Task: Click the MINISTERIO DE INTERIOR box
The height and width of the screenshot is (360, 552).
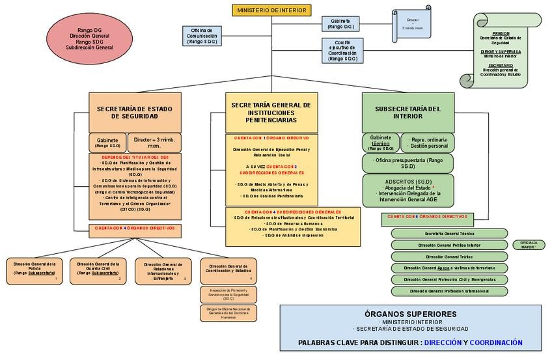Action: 272,10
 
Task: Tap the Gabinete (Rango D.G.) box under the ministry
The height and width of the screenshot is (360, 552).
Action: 340,24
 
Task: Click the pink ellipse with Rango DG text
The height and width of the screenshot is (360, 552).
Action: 89,38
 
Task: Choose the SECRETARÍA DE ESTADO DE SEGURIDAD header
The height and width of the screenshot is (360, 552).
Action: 135,112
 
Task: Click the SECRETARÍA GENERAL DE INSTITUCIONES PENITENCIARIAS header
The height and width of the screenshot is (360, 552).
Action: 271,112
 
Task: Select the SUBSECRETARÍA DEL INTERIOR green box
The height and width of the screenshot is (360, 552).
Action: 408,112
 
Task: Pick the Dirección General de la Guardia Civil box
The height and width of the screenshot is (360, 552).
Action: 96,271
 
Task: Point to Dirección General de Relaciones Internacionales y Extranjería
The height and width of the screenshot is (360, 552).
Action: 163,271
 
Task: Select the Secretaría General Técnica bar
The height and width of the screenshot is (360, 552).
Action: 449,233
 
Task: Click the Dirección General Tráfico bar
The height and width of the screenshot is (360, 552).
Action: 449,256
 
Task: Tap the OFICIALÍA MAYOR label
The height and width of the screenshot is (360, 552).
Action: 527,245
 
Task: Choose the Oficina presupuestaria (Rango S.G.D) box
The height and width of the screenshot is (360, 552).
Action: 408,162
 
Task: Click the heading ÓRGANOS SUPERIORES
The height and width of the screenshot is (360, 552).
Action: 410,314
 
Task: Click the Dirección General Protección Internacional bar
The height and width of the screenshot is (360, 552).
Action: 449,291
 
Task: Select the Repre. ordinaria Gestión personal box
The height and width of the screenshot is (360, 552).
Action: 428,143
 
